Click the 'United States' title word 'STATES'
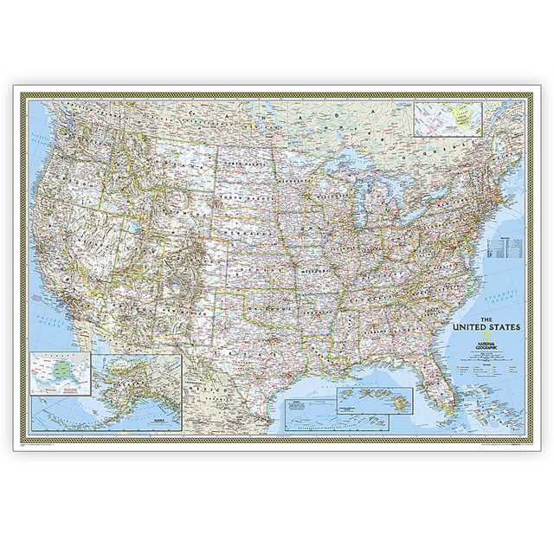tap(502, 328)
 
